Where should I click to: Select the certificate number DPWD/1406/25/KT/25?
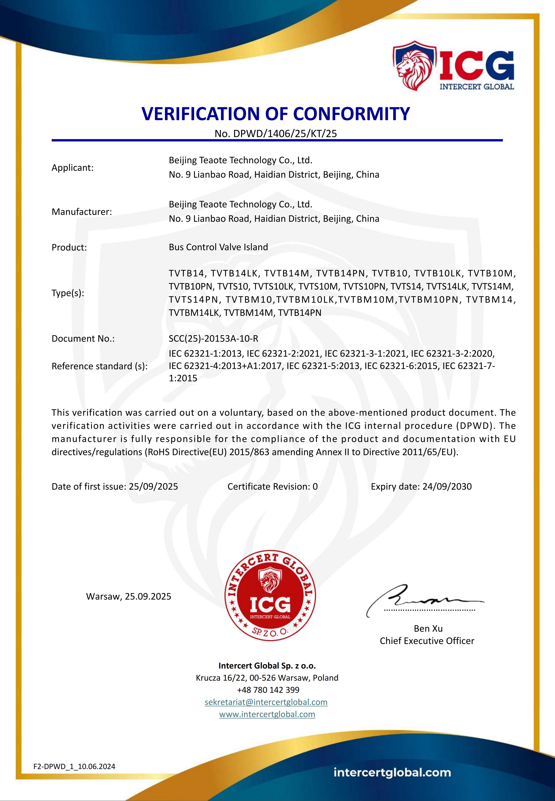click(285, 134)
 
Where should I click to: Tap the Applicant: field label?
click(72, 168)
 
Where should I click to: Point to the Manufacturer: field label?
click(82, 212)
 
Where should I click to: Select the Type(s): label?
click(68, 293)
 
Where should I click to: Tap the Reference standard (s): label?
click(99, 366)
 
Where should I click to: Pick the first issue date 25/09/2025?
click(153, 486)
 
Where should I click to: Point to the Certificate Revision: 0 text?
click(272, 486)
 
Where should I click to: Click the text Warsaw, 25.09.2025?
click(129, 596)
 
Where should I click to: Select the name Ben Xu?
click(428, 628)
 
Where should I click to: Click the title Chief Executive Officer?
click(427, 641)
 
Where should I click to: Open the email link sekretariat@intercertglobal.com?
click(266, 702)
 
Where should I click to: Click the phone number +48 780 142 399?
click(268, 690)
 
